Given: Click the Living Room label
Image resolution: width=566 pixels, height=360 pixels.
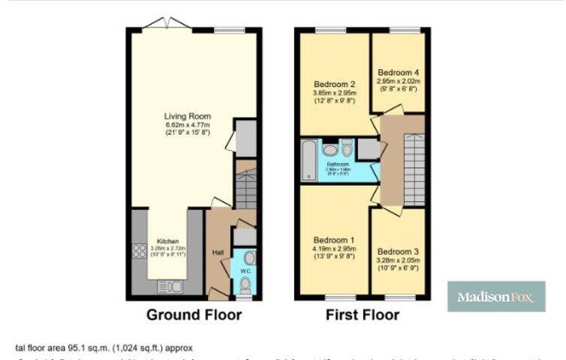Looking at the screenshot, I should pos(188,117).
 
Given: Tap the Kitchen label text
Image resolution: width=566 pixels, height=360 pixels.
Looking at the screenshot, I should pos(167,242).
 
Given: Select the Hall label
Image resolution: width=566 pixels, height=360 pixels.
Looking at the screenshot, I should pos(218,252).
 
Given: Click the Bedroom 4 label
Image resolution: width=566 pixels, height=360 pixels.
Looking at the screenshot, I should pos(397,71).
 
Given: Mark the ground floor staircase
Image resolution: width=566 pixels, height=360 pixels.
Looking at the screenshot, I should pos(245,186).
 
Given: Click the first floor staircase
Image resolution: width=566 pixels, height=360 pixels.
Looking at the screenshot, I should pos(415,164).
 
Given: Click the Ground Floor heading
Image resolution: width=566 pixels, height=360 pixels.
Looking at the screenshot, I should pos(192,315).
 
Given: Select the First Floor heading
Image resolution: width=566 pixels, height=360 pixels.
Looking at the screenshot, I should pos(362,315).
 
